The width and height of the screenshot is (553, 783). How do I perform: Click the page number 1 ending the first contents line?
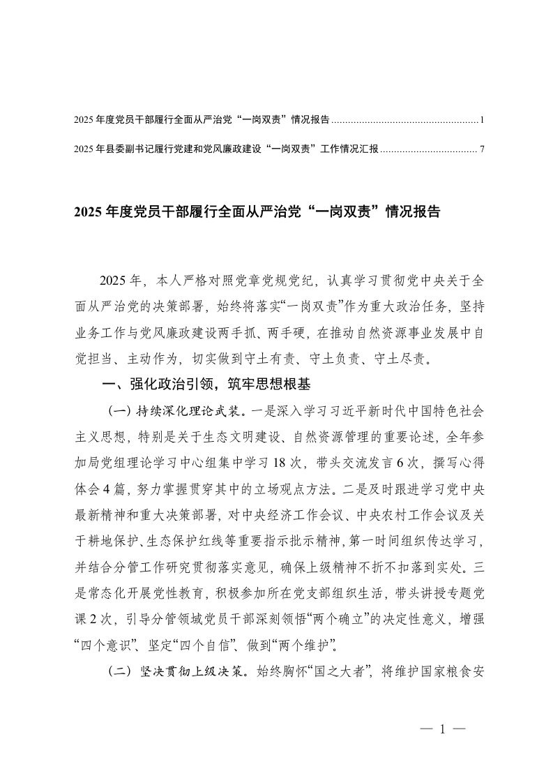click(482, 120)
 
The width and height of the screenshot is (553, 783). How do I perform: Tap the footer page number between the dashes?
click(443, 731)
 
